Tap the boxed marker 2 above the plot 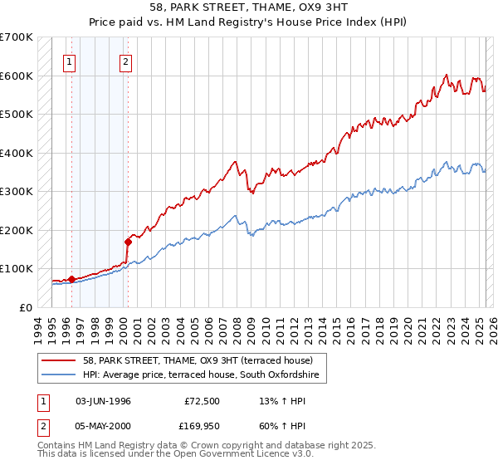coord(125,61)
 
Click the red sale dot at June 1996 coord(72,279)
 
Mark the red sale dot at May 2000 coord(128,242)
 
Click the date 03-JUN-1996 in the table coord(103,401)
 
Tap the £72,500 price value coord(202,401)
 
